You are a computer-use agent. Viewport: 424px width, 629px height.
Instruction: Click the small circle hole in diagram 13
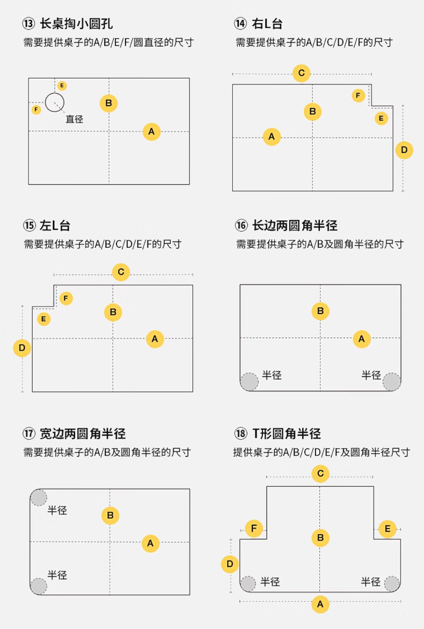[54, 102]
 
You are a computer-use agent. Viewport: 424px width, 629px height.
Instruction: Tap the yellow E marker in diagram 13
[62, 85]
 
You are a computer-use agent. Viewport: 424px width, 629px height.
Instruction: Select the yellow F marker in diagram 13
[36, 109]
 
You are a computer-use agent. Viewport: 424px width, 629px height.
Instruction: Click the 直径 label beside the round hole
[75, 119]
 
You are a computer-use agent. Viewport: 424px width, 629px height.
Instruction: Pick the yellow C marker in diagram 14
[302, 73]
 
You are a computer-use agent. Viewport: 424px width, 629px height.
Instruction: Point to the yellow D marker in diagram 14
[404, 150]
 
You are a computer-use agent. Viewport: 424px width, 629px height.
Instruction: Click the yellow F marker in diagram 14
[359, 95]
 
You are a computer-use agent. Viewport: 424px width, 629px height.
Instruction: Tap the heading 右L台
[267, 24]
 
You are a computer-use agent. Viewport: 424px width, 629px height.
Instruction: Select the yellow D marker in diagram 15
[22, 348]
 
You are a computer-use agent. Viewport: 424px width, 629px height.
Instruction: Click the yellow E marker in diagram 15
[44, 319]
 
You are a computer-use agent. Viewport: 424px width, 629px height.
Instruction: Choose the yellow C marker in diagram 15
[121, 272]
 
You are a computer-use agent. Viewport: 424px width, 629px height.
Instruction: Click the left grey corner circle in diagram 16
[249, 382]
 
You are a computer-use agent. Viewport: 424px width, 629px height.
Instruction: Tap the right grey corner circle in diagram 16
[392, 382]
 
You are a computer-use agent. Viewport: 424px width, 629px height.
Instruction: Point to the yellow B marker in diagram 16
[320, 311]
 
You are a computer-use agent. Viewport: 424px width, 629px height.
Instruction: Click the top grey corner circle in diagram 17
[39, 498]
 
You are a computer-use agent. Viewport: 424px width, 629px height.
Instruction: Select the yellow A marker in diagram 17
[150, 543]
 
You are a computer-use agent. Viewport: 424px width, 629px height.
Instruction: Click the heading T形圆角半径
[287, 433]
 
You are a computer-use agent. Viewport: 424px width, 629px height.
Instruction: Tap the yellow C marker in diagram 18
[320, 473]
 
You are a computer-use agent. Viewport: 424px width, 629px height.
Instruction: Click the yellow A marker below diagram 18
[320, 604]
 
